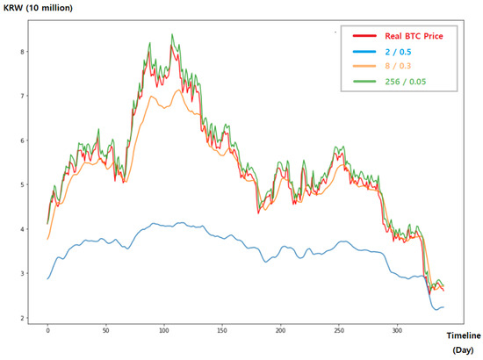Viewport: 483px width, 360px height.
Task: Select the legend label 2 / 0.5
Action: click(399, 53)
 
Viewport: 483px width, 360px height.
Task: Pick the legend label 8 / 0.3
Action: click(399, 68)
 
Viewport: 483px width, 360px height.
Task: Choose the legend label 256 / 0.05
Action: click(407, 84)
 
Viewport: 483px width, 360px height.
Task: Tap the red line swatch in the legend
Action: click(365, 37)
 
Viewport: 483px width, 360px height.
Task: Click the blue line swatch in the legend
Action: click(365, 53)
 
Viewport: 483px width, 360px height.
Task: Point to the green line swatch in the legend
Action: click(365, 84)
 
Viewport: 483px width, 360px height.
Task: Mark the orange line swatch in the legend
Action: click(365, 68)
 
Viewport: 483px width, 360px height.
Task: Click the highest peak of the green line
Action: click(171, 35)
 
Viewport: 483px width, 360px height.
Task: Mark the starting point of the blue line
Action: click(47, 279)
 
